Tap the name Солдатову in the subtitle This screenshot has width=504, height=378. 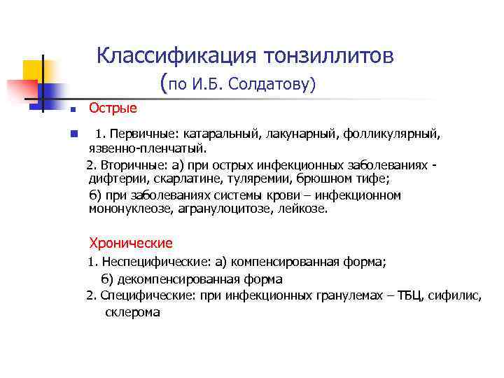pyautogui.click(x=279, y=85)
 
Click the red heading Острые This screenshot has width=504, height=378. pyautogui.click(x=113, y=108)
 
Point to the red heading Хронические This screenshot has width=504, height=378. pyautogui.click(x=130, y=243)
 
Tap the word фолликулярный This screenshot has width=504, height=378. pyautogui.click(x=377, y=133)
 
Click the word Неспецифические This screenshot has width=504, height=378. pyautogui.click(x=152, y=262)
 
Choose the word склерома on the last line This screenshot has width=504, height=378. pyautogui.click(x=132, y=312)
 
